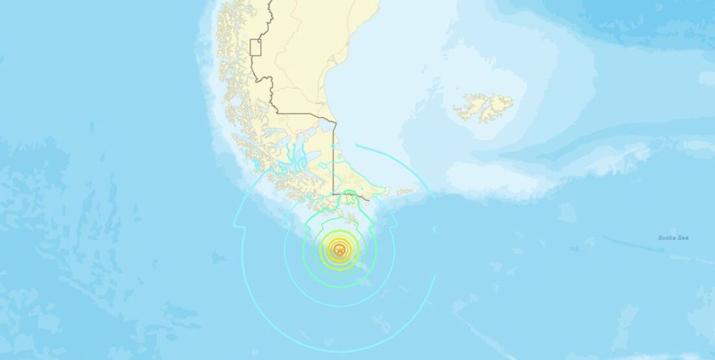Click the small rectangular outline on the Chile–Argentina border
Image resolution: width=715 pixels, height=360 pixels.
coord(255,47)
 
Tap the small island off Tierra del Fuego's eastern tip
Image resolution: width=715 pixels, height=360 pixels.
coord(404,192)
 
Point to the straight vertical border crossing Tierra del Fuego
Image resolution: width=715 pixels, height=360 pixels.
coord(333,162)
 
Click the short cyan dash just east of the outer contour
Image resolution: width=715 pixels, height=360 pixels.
coord(435,229)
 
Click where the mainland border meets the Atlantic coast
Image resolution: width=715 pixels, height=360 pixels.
coord(334,122)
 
